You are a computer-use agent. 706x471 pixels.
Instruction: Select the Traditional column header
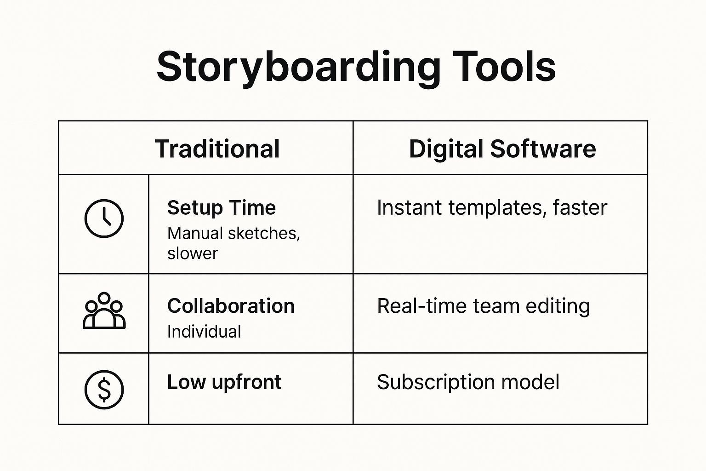pos(217,149)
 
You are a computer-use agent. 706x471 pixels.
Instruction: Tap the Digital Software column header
pos(502,149)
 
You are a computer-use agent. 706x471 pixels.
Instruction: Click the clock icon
pos(104,218)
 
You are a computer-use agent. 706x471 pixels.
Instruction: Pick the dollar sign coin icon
pos(104,390)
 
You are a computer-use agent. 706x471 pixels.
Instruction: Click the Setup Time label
pos(221,207)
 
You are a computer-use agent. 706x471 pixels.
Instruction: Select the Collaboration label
pos(231,306)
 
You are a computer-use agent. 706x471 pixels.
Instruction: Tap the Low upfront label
pos(224,382)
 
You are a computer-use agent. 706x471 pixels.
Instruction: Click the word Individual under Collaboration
pos(204,332)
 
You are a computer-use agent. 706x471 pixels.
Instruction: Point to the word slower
pos(193,253)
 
